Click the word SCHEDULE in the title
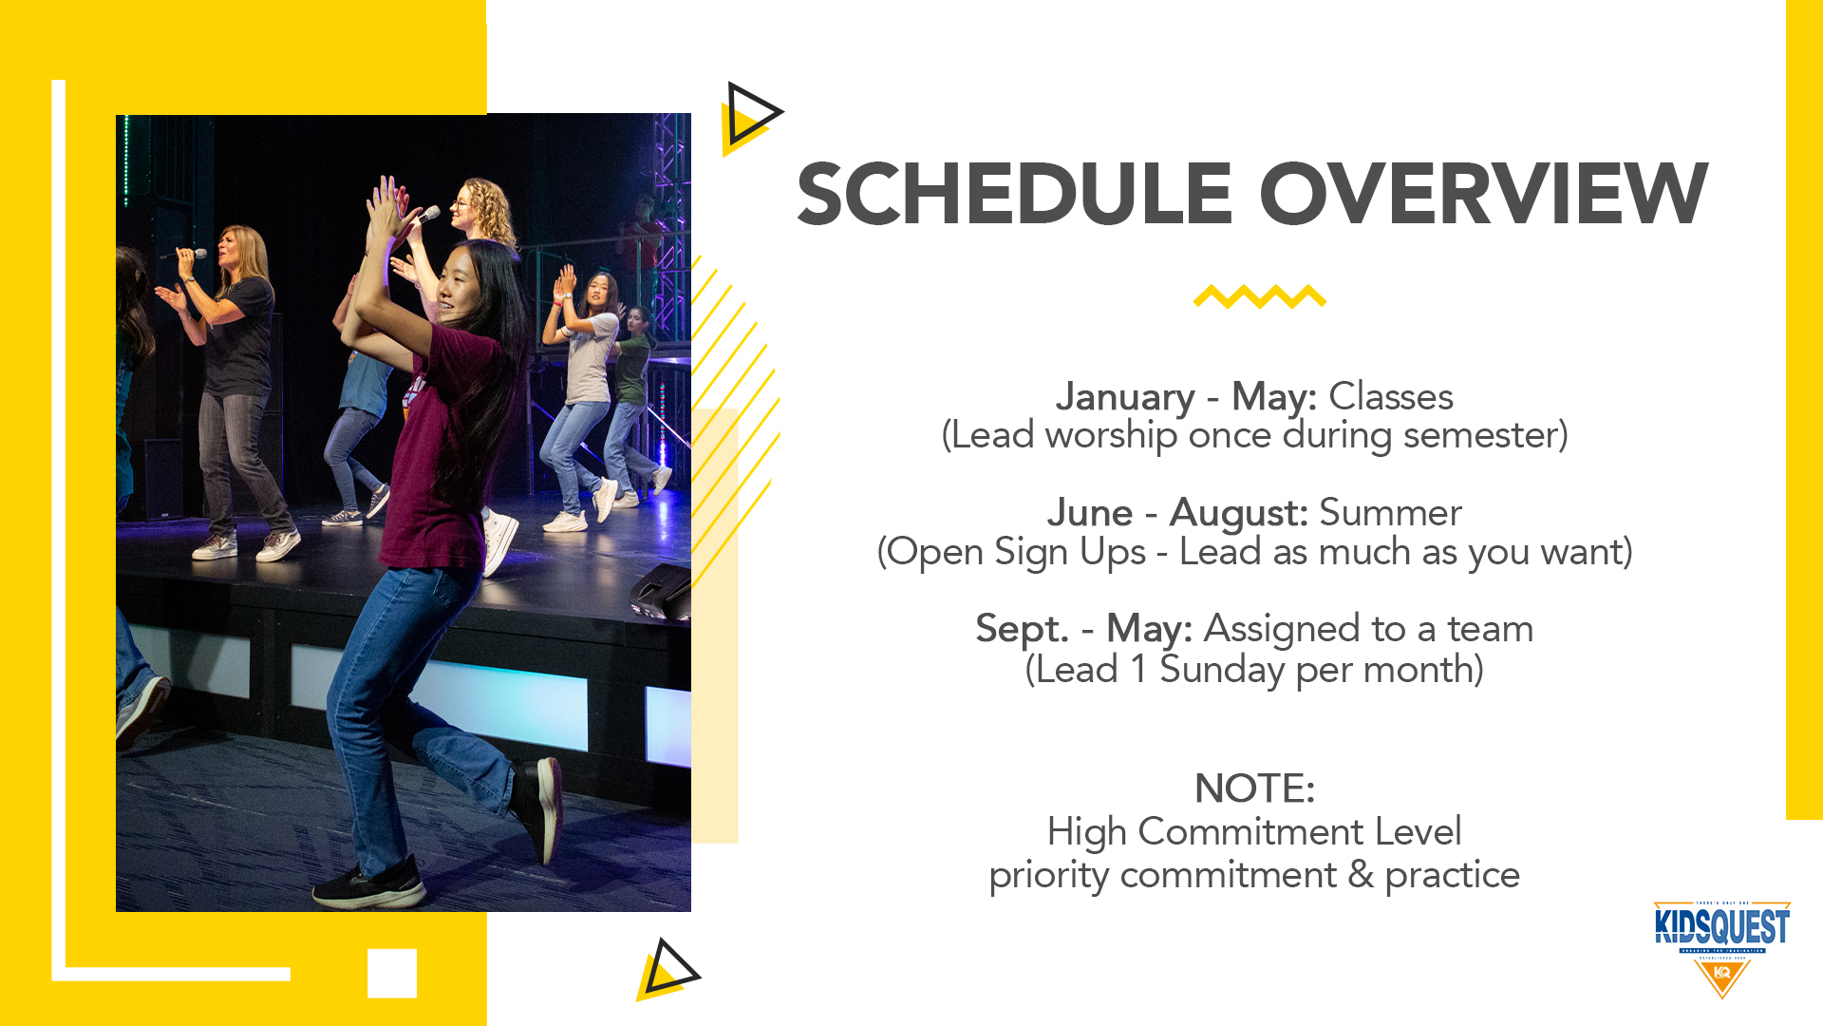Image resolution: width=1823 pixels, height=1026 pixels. (1014, 194)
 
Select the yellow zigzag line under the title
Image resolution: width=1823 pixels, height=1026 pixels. (1260, 296)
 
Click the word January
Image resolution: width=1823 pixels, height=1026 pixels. (1125, 397)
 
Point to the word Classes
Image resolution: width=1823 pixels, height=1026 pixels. (1391, 396)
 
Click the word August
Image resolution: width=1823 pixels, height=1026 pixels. (1239, 514)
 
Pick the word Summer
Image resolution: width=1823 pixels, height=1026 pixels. (1391, 513)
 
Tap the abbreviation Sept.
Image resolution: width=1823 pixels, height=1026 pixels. (1023, 630)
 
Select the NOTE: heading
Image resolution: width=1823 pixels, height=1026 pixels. (1254, 788)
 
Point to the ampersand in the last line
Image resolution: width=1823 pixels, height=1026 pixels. (1361, 875)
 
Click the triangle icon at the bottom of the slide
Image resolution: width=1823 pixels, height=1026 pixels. (668, 970)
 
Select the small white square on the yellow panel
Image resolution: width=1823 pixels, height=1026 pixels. (392, 973)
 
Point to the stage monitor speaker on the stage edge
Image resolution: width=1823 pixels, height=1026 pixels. (662, 590)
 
